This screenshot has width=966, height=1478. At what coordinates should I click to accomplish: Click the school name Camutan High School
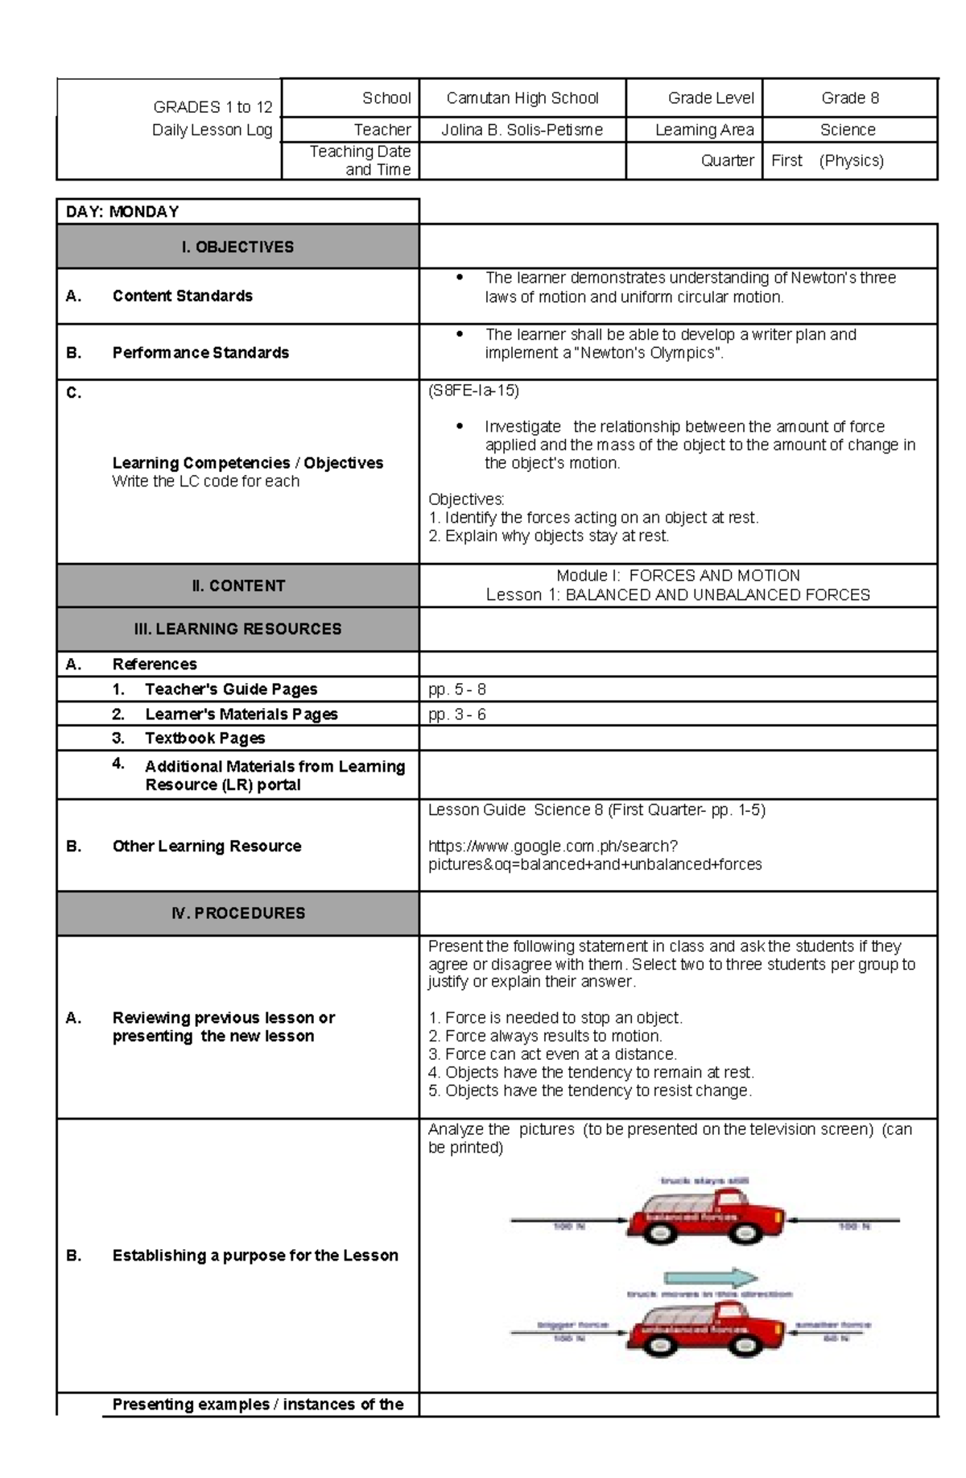pyautogui.click(x=522, y=98)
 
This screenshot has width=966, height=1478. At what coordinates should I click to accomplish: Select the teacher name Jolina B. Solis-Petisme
pyautogui.click(x=522, y=130)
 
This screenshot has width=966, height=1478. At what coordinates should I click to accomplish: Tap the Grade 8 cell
pyautogui.click(x=849, y=98)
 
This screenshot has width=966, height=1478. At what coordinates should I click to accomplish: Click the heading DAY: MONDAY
pyautogui.click(x=122, y=212)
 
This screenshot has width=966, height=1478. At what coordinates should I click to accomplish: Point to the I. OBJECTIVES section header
pyautogui.click(x=237, y=247)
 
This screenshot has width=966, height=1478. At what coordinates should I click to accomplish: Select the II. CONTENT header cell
pyautogui.click(x=237, y=586)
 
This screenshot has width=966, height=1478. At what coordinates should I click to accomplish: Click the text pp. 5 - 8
pyautogui.click(x=457, y=689)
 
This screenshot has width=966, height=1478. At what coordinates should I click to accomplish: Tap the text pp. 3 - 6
pyautogui.click(x=457, y=714)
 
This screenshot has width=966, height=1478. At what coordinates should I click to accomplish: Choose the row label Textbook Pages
pyautogui.click(x=204, y=739)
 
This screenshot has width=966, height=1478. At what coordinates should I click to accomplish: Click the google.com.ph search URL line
pyautogui.click(x=553, y=847)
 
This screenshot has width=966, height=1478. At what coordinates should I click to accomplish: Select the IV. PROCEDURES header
pyautogui.click(x=237, y=913)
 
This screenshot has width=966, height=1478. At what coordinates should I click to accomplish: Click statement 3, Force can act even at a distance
pyautogui.click(x=552, y=1054)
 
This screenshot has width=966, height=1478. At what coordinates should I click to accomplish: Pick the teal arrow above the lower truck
pyautogui.click(x=710, y=1278)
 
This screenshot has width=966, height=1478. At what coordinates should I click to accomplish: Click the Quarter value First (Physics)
pyautogui.click(x=827, y=160)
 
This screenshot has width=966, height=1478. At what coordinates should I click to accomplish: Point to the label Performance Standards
pyautogui.click(x=200, y=353)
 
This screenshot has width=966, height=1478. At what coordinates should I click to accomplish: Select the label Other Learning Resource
pyautogui.click(x=207, y=847)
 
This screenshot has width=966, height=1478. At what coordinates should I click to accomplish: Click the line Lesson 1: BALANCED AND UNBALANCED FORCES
pyautogui.click(x=678, y=595)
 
